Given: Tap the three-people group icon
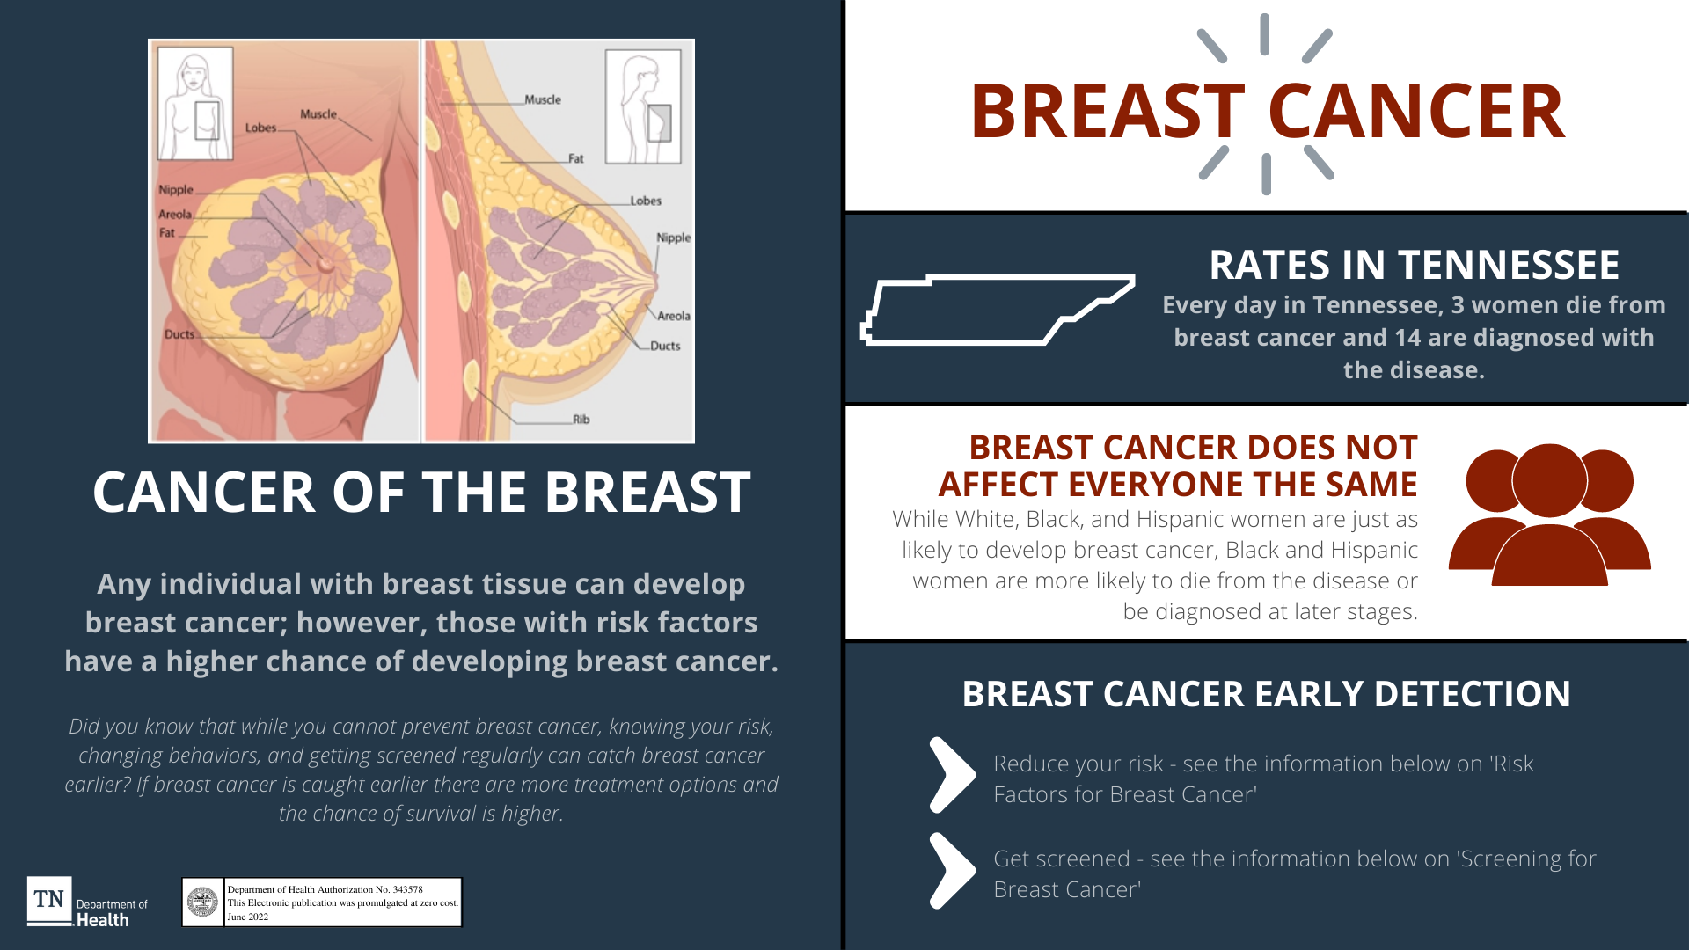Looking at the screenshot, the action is (1549, 515).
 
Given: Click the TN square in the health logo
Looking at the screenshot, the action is (49, 899).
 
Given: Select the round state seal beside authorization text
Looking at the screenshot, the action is (203, 902).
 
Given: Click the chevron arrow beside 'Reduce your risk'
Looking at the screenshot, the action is (953, 775).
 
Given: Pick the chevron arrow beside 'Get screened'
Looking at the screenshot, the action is (953, 870).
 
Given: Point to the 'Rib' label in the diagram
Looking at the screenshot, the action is (581, 420).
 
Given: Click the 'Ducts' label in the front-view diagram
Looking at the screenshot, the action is (179, 334).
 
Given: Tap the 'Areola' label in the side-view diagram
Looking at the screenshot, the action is (674, 316).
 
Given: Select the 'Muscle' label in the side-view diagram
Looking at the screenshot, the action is (543, 99).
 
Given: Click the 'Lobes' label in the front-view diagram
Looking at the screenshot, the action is (260, 128).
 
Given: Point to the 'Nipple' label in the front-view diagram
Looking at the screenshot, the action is (176, 190).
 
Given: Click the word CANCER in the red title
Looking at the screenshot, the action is (1416, 112).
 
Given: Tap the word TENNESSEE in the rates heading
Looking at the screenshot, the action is (1509, 265).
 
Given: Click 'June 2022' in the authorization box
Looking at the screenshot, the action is (248, 917).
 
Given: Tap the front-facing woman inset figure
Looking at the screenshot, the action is (195, 104).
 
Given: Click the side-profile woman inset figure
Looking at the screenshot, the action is (643, 106).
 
